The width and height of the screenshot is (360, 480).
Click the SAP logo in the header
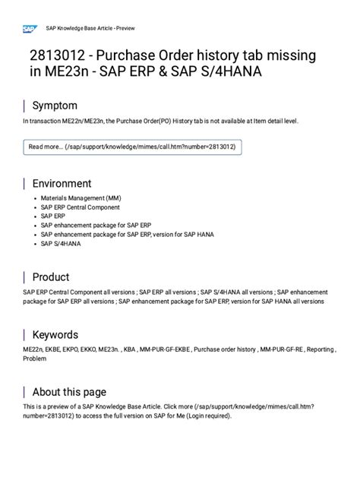[x=30, y=29]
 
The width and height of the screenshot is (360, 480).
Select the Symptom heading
[x=54, y=106]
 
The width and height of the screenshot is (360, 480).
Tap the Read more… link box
[x=132, y=147]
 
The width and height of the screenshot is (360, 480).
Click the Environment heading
[x=62, y=183]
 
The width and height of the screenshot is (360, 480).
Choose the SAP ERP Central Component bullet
[x=80, y=207]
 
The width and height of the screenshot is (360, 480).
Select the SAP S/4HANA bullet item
[x=61, y=244]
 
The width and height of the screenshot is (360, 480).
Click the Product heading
[x=50, y=277]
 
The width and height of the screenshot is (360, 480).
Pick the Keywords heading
[x=55, y=334]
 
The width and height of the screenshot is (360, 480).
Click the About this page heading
[x=68, y=392]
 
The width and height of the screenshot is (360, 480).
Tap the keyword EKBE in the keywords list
[x=55, y=349]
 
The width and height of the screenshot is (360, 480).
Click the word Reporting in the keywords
[x=320, y=349]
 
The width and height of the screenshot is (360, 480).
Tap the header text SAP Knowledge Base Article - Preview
[x=90, y=29]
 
